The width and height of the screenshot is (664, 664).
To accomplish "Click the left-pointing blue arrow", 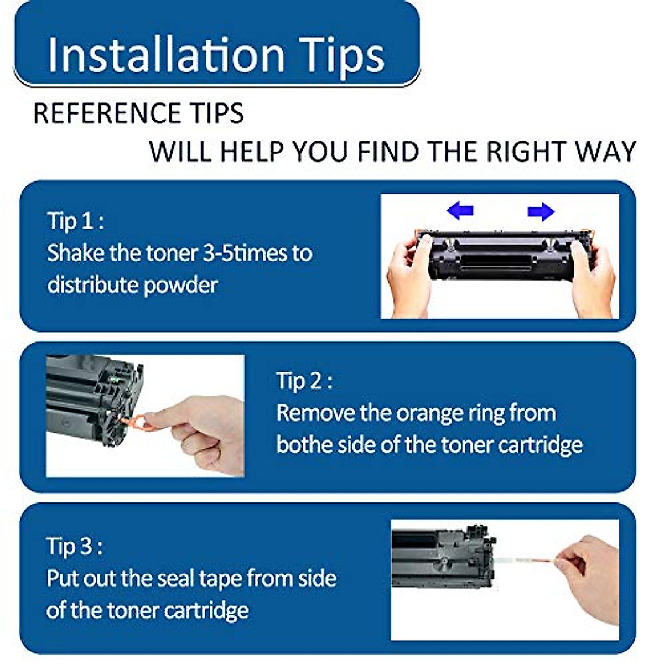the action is (x=460, y=210).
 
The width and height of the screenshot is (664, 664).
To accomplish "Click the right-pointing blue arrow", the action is (x=541, y=211).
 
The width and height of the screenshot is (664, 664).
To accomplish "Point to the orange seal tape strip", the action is (x=526, y=561).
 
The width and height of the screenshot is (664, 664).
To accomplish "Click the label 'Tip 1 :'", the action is (x=75, y=221).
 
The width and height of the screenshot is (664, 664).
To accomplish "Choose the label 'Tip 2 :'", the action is (x=304, y=380).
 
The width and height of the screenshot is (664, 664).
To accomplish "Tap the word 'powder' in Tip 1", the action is (x=180, y=286).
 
